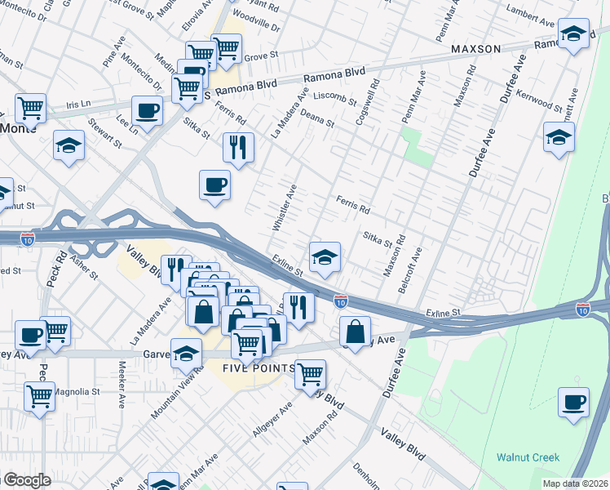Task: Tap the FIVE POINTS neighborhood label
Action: [x=259, y=368]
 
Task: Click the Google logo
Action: [x=26, y=480]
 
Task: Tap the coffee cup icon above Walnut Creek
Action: [x=573, y=403]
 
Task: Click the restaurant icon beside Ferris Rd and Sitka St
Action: [x=238, y=148]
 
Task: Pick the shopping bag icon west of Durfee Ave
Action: [x=356, y=331]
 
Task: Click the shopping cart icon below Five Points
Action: [x=310, y=375]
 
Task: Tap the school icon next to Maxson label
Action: [x=573, y=35]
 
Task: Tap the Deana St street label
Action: [x=319, y=121]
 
